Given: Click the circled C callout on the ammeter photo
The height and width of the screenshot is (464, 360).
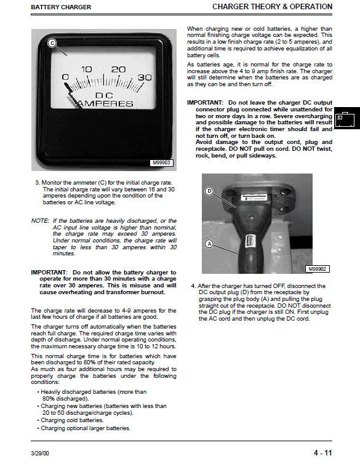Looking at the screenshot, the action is click(x=52, y=43).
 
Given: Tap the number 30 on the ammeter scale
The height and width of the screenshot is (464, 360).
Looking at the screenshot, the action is click(x=145, y=78).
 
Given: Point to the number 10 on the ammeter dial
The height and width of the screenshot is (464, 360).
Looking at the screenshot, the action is click(x=86, y=70).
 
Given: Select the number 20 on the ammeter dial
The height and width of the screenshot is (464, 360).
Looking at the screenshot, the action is click(x=118, y=70).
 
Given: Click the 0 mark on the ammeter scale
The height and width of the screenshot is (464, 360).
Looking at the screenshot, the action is click(x=65, y=78).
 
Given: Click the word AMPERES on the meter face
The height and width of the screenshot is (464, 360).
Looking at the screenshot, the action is click(x=105, y=103).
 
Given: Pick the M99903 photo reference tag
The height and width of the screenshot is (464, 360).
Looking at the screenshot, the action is click(x=161, y=162).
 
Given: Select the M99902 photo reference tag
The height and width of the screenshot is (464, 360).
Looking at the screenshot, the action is click(x=317, y=269).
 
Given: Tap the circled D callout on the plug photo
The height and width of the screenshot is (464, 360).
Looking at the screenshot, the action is click(x=209, y=191).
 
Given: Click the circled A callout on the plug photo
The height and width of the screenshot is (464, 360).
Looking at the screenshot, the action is click(x=209, y=244).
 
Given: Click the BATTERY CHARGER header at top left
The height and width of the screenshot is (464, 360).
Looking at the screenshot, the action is click(x=61, y=7).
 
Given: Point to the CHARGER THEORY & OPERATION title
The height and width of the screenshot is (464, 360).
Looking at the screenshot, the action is click(x=272, y=7).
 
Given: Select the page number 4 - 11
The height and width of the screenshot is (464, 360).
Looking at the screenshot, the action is click(x=322, y=453).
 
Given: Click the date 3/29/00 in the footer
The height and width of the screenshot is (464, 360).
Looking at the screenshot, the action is click(x=40, y=454).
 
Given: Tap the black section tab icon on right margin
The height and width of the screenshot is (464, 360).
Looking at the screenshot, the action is click(x=346, y=118).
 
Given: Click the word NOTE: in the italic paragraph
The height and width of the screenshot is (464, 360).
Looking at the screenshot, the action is click(x=40, y=221).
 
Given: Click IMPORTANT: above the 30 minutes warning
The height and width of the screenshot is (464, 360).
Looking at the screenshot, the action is click(x=49, y=272).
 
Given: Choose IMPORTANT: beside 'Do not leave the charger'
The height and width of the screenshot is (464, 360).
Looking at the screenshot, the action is click(x=205, y=103).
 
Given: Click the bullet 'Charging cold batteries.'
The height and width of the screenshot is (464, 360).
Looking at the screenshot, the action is click(x=70, y=420).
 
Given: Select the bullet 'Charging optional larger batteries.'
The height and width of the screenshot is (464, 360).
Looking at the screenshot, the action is click(x=84, y=428).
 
